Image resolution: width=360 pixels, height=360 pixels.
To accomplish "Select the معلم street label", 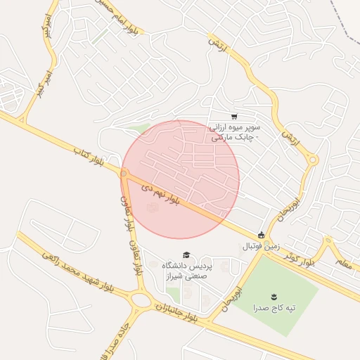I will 342,264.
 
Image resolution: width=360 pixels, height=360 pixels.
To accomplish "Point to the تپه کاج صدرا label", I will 274,307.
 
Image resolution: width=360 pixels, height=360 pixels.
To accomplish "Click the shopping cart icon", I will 234,117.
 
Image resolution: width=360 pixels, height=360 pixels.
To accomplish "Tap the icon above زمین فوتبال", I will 262,235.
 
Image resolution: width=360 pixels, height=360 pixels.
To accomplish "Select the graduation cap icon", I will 186,255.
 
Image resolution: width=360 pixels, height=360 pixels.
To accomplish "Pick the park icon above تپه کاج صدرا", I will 274,296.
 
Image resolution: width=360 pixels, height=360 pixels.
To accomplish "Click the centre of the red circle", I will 181,179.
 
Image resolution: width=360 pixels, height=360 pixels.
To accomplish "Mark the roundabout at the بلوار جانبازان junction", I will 141,300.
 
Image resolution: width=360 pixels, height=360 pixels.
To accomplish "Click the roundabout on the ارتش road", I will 313,161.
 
